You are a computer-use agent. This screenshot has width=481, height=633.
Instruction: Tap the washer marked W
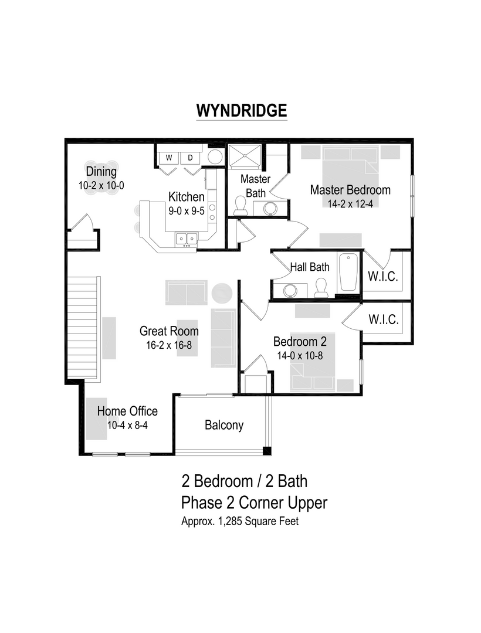[x=168, y=157]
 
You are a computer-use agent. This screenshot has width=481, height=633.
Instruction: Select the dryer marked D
[x=190, y=157]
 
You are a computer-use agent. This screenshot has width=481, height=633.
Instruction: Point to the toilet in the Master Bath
[x=240, y=205]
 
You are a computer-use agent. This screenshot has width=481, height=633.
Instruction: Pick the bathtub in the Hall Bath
[x=348, y=272]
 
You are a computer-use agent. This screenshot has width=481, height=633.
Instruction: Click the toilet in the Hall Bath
[x=320, y=287]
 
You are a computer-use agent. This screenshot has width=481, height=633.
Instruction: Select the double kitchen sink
[x=186, y=239]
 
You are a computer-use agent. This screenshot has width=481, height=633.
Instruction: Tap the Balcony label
[x=224, y=425]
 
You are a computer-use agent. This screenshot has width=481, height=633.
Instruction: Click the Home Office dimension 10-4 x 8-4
[x=127, y=426]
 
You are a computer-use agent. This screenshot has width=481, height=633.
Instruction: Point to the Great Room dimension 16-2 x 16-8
[x=169, y=345]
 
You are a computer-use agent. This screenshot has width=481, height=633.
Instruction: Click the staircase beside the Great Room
[x=82, y=328]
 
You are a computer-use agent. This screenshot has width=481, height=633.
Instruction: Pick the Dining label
[x=101, y=172]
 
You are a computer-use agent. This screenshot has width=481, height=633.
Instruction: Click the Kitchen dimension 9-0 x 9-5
[x=187, y=211]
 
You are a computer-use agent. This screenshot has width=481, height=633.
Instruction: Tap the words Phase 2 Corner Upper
[x=254, y=502]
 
